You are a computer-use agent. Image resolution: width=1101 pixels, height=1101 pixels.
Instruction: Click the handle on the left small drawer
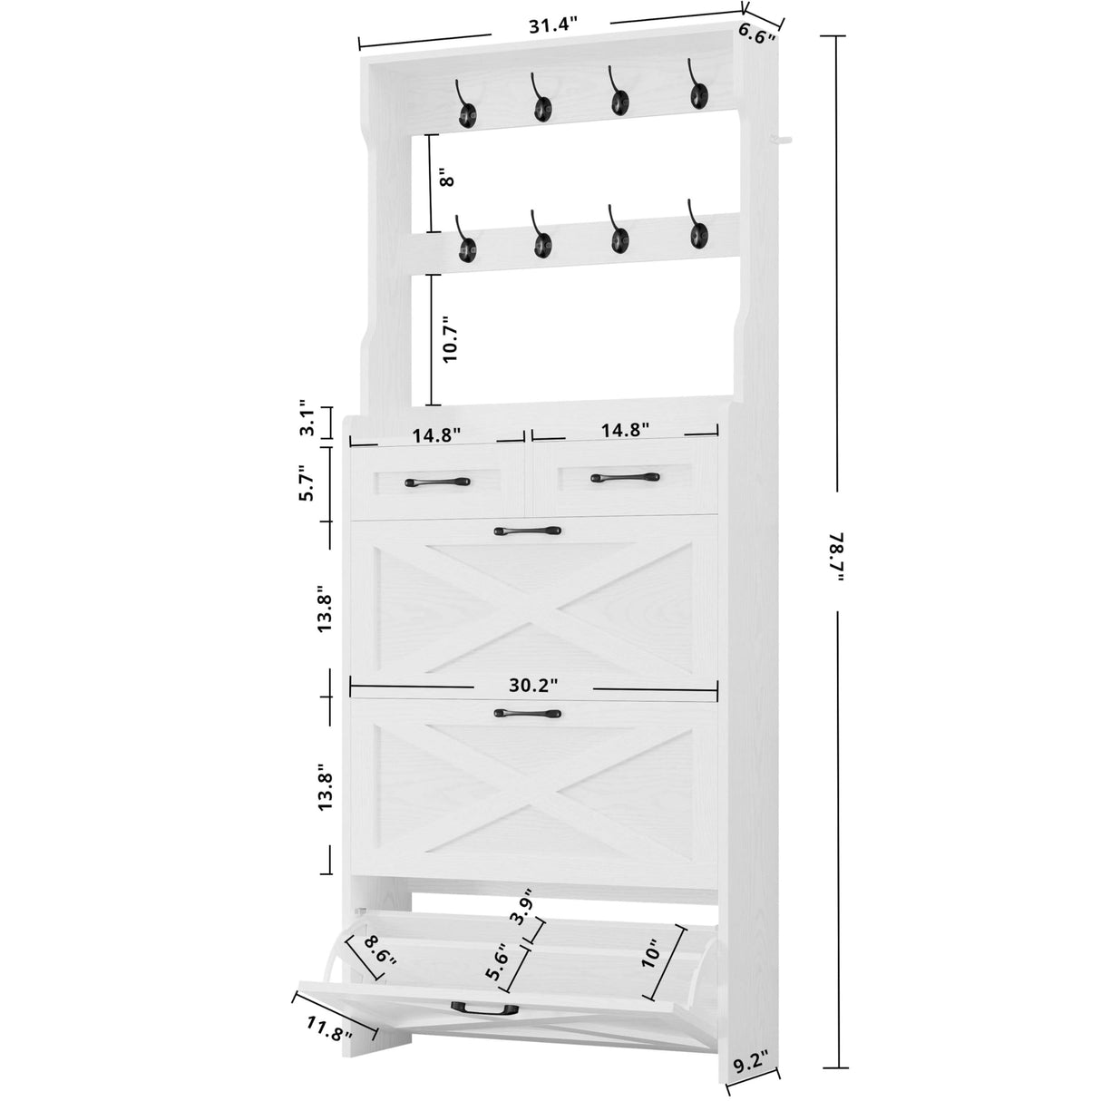[x=436, y=482]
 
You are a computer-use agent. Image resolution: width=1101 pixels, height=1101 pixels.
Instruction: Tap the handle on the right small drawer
[x=625, y=476]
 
